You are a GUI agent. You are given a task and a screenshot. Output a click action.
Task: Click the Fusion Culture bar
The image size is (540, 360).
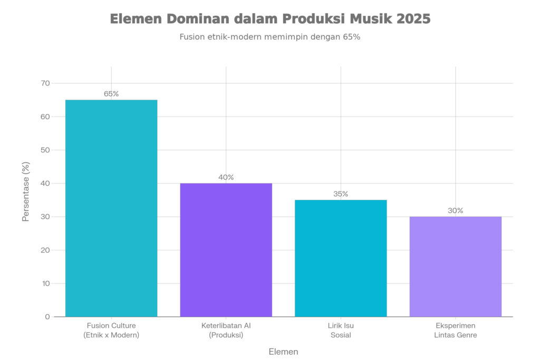click(x=111, y=208)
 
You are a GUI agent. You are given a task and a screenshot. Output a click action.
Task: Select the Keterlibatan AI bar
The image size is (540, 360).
click(x=226, y=250)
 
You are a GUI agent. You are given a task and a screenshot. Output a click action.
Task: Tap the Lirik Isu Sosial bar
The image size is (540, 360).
click(x=341, y=258)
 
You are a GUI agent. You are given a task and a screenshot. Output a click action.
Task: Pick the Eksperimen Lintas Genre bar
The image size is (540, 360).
click(x=456, y=266)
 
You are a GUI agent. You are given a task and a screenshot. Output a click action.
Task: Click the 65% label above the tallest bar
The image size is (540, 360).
click(x=111, y=94)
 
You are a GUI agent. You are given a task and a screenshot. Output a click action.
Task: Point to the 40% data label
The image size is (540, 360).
click(x=226, y=177)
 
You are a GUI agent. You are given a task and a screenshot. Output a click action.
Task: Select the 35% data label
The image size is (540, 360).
click(x=341, y=194)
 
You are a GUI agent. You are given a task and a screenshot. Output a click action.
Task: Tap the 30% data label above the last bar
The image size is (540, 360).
click(x=456, y=211)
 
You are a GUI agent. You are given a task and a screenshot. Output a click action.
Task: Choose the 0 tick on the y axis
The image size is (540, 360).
click(x=47, y=317)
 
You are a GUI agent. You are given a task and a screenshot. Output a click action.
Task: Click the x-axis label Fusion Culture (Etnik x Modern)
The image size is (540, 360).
click(x=111, y=330)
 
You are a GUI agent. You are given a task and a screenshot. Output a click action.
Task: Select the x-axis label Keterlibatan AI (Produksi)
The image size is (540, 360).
click(x=226, y=330)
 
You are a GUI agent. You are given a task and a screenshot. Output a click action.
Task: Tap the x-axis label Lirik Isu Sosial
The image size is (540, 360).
click(x=341, y=330)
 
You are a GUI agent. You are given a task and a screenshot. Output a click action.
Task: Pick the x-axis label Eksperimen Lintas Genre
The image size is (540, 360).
click(x=456, y=330)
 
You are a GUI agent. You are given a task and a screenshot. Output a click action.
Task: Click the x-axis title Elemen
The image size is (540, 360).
click(x=284, y=352)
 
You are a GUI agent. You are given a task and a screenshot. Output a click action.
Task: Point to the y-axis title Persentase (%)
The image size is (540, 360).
click(x=26, y=191)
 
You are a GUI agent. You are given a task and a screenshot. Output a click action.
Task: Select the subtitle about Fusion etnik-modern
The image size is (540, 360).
click(x=269, y=37)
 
